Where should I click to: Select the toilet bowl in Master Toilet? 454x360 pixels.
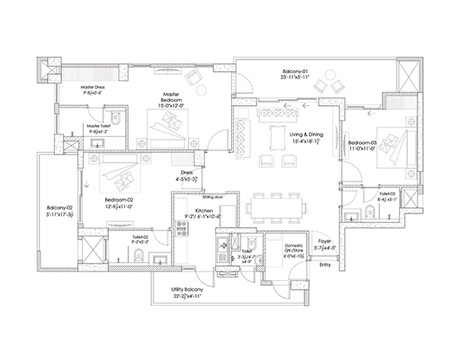click(116, 121)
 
